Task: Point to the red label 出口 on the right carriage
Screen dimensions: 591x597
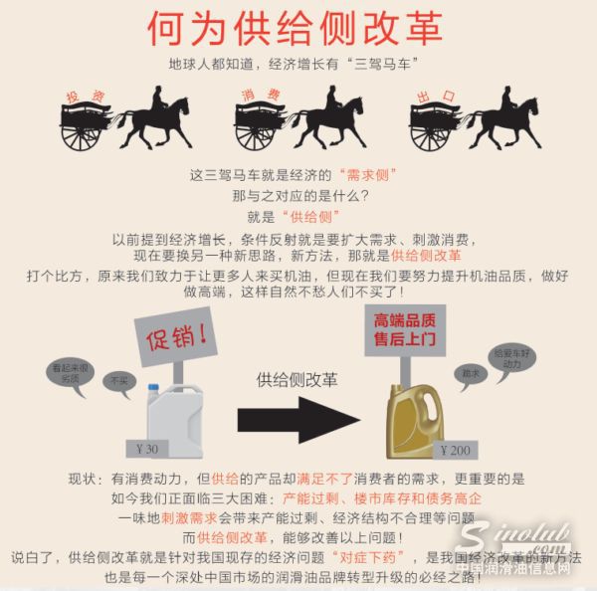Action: coord(435,96)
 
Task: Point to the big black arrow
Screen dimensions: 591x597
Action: coord(298,418)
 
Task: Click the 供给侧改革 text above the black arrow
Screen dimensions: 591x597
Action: coord(297,379)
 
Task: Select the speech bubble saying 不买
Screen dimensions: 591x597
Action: coord(120,381)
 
